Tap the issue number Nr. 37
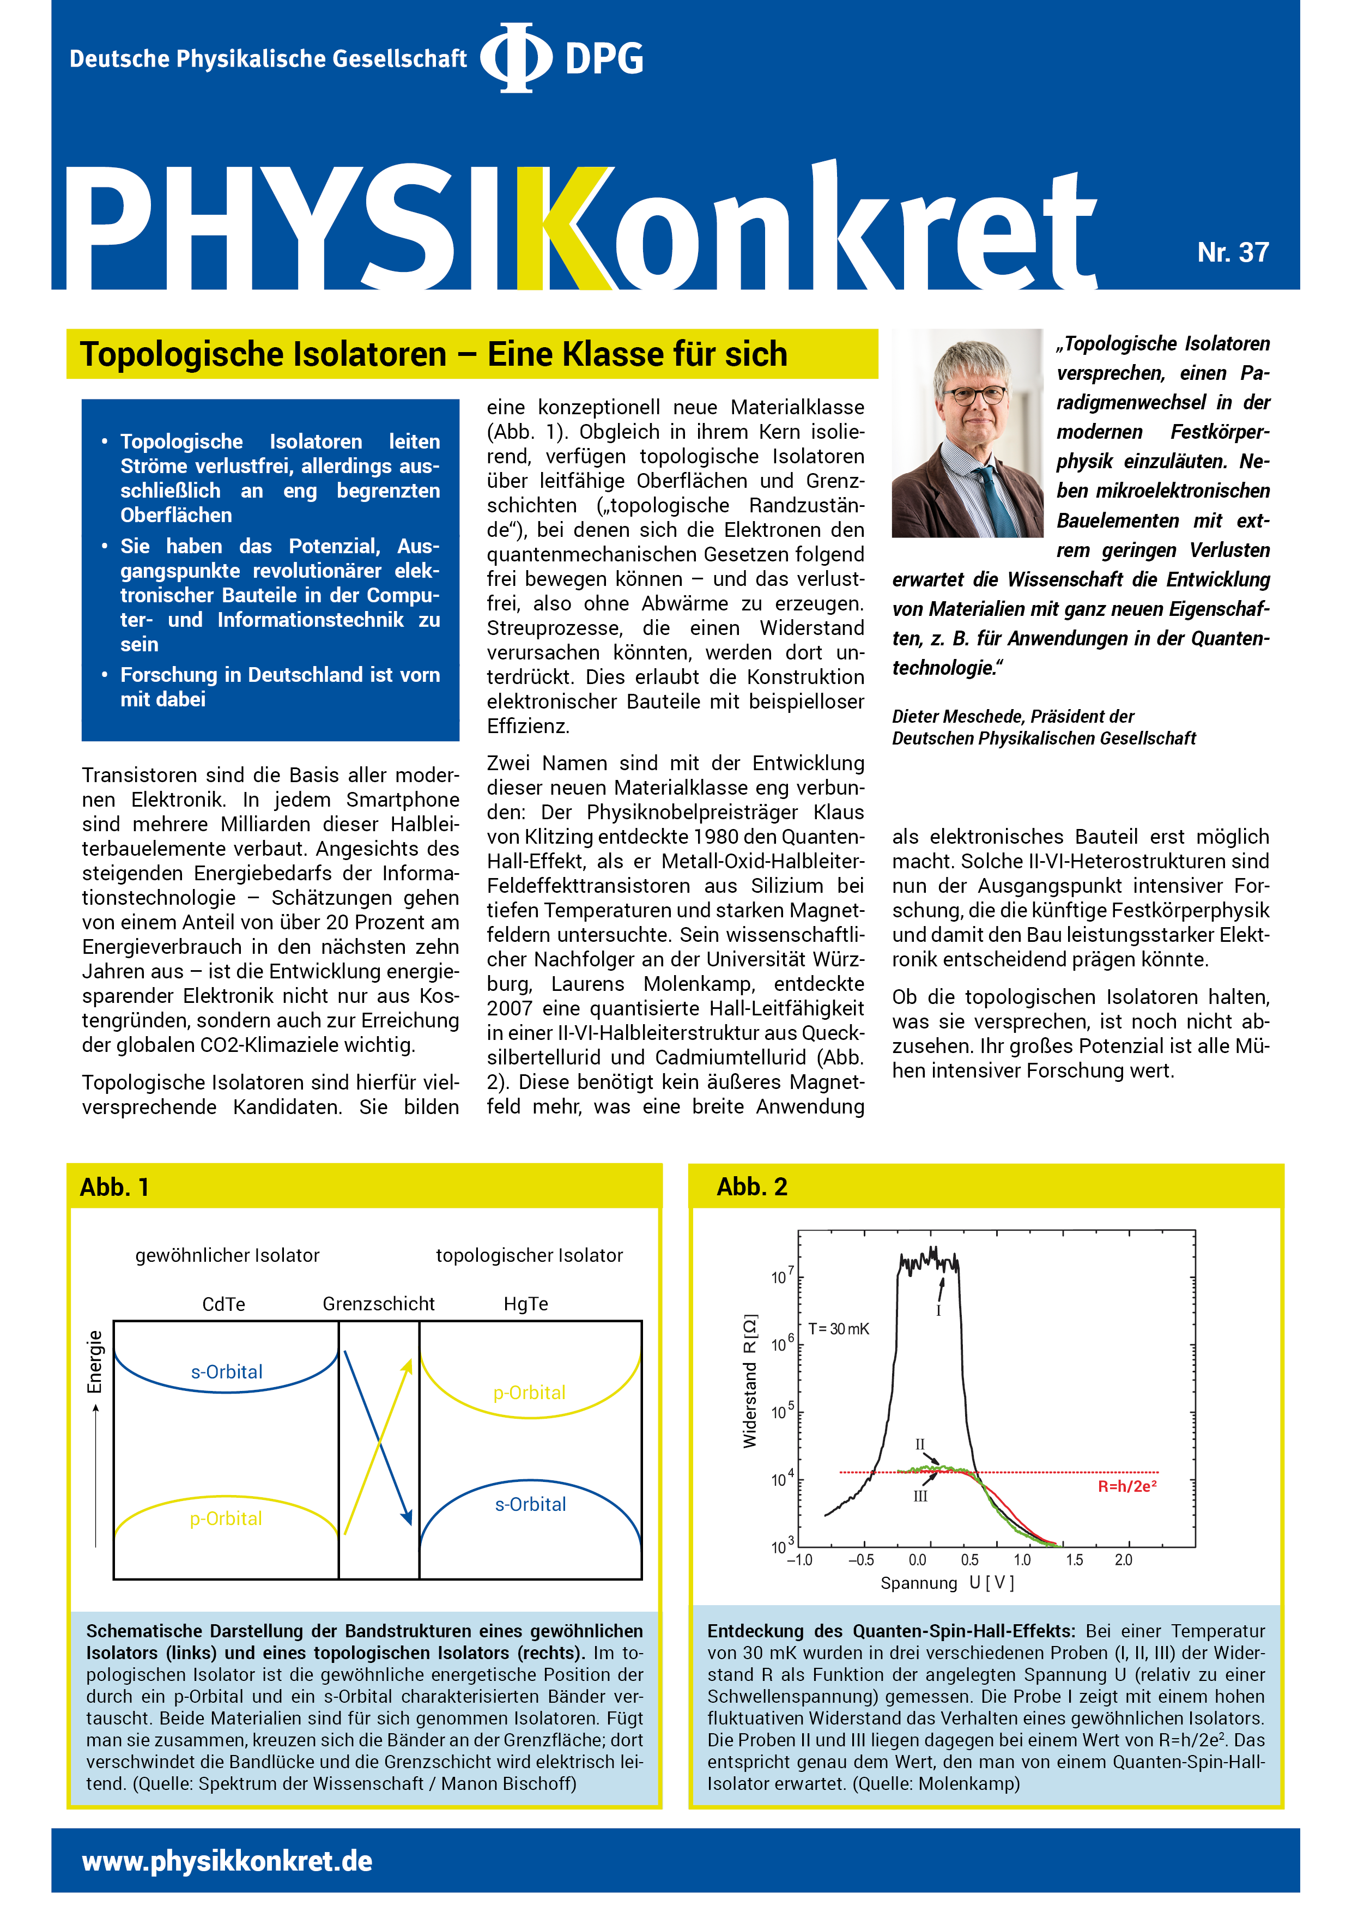1232,252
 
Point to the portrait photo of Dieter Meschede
967,433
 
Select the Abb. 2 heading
752,1187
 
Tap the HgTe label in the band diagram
525,1304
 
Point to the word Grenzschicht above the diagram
378,1304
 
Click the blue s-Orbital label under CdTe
227,1371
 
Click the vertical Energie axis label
95,1362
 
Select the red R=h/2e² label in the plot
1126,1486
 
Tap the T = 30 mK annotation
838,1329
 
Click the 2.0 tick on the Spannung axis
1123,1560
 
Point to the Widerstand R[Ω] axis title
750,1382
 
